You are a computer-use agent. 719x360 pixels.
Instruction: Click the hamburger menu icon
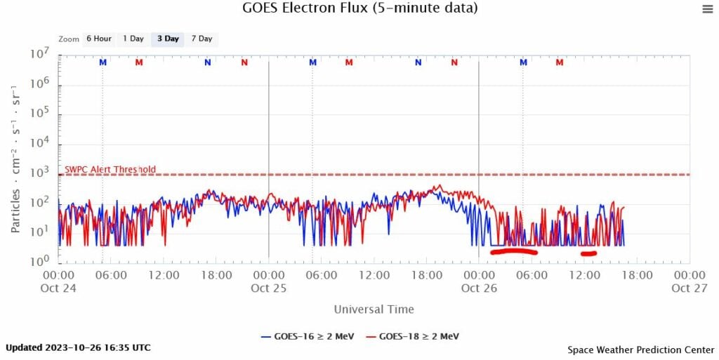click(707, 8)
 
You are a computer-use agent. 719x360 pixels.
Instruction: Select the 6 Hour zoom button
click(98, 39)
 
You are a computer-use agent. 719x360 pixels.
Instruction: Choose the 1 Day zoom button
click(133, 39)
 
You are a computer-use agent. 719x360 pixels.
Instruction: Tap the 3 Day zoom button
click(168, 39)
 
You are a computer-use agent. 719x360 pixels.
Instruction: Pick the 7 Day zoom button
click(202, 39)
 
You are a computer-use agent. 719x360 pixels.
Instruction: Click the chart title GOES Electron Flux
click(359, 8)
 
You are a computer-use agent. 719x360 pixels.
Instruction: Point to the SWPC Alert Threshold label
click(110, 169)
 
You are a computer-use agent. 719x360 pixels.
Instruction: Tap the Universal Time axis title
click(374, 309)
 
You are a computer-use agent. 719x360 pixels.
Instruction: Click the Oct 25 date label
click(270, 288)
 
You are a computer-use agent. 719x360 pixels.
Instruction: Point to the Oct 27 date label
click(689, 288)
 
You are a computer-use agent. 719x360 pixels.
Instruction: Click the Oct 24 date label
click(59, 288)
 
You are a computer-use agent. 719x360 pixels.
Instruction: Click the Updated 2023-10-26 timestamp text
click(78, 347)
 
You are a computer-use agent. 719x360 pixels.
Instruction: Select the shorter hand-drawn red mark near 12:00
click(588, 253)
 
